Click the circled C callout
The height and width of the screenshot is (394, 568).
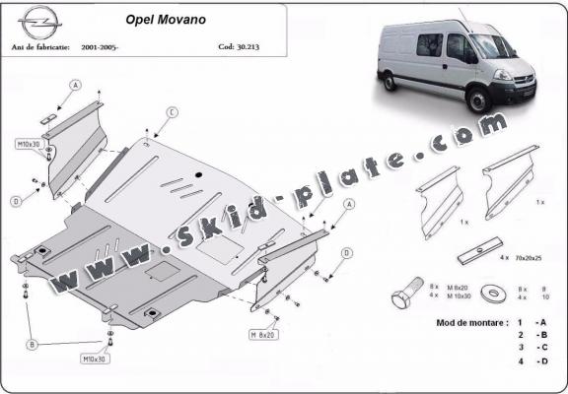[171, 113]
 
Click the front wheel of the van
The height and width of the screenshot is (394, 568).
[487, 97]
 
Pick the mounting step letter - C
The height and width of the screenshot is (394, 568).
[540, 348]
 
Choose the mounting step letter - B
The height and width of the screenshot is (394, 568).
[540, 335]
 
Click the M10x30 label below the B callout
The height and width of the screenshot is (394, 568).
[96, 359]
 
